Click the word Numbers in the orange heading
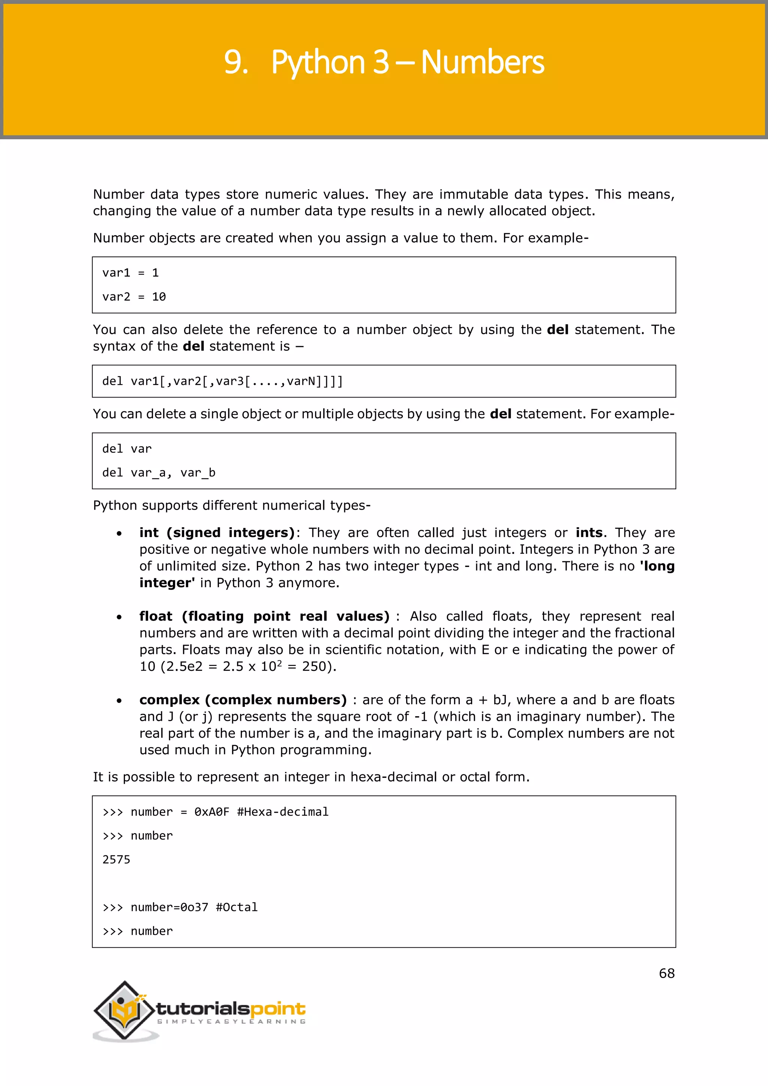[482, 62]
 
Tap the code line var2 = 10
[134, 297]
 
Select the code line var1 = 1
[130, 273]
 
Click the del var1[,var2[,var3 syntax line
[222, 381]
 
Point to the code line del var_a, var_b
[159, 473]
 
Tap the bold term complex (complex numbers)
[243, 700]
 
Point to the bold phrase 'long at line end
[657, 566]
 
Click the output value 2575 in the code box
[116, 860]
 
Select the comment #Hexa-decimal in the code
[282, 812]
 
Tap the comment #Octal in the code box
[237, 907]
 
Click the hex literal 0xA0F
[211, 812]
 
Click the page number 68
[666, 973]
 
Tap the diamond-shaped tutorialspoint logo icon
[124, 1010]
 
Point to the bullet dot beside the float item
[119, 617]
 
